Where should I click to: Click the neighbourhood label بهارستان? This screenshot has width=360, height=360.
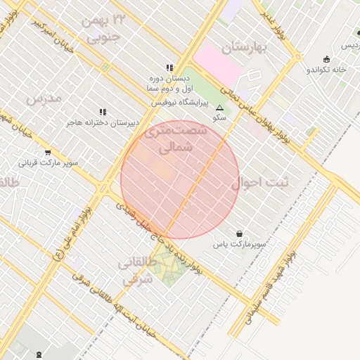[x=246, y=48]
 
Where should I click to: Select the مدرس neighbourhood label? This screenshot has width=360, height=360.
[x=44, y=98]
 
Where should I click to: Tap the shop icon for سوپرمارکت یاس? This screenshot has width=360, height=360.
[x=240, y=233]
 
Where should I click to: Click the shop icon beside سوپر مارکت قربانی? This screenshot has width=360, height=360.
[x=47, y=152]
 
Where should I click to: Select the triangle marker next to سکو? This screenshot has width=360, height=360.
[x=219, y=108]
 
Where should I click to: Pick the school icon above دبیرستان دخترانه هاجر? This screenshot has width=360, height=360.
[x=103, y=111]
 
